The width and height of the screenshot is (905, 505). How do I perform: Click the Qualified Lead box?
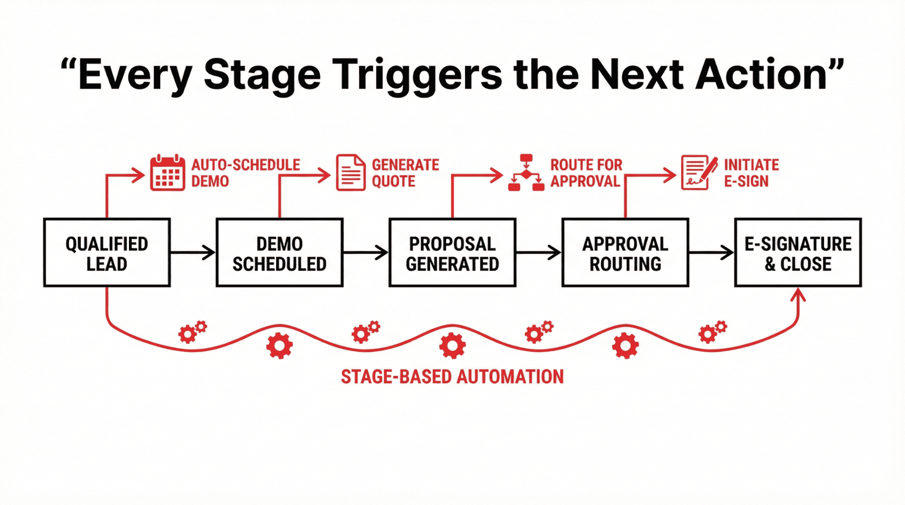(107, 253)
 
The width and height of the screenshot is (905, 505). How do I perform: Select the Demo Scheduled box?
(279, 253)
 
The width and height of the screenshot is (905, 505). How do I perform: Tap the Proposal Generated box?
(453, 253)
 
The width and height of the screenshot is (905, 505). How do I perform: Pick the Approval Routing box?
(625, 253)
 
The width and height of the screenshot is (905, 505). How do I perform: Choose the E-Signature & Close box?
(798, 253)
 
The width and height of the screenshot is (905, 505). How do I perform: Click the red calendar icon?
(167, 172)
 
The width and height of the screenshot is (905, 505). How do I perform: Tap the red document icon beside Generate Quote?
(351, 172)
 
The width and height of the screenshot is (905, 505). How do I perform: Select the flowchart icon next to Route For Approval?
(526, 172)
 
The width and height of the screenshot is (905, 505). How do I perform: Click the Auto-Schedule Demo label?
(245, 172)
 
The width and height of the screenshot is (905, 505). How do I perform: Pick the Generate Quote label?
(405, 172)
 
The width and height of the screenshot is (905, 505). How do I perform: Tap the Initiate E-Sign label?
(751, 172)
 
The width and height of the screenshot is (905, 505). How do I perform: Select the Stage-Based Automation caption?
(452, 377)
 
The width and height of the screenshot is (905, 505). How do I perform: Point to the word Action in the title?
(762, 75)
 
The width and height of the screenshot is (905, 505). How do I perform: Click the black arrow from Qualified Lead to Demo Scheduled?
(193, 252)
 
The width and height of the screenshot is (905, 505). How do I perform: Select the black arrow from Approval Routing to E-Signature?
(712, 252)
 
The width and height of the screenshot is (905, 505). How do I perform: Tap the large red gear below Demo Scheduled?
(279, 346)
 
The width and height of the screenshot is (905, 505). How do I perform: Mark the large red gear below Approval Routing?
(625, 346)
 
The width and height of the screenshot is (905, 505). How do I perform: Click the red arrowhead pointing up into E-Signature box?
(798, 294)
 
